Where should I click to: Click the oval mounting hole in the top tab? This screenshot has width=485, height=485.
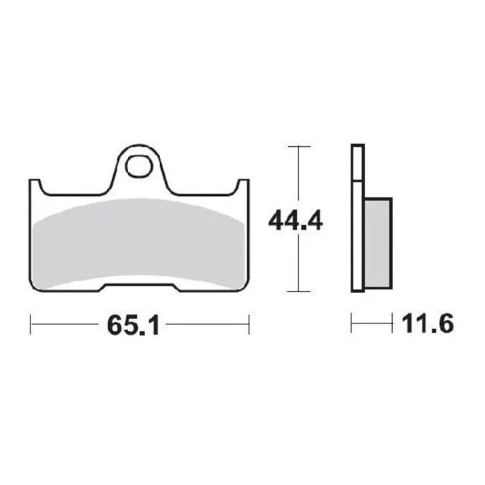[140, 167]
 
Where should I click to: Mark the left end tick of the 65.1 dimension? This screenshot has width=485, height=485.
[30, 323]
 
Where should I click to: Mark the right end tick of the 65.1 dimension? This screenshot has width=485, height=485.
[249, 323]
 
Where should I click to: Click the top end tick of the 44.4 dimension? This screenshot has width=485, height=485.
[298, 146]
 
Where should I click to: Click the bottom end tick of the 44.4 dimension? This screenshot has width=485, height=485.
[298, 292]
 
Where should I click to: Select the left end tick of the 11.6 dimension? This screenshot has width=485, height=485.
[352, 323]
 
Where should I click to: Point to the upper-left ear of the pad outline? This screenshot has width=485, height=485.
[35, 184]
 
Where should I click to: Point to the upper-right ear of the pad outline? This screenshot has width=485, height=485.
[243, 184]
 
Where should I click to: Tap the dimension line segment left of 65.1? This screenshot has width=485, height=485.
[66, 323]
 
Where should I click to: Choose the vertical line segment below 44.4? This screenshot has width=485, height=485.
[298, 267]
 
